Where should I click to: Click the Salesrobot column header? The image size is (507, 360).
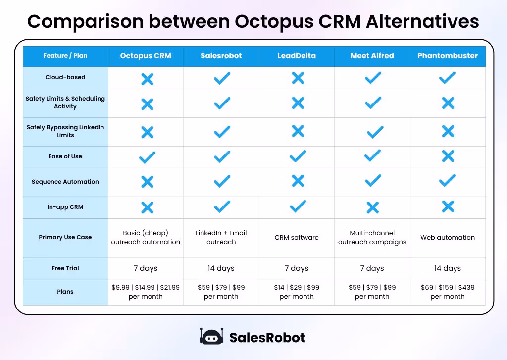pos(221,56)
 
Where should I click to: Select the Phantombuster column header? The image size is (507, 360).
pos(447,56)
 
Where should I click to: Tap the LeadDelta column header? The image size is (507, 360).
pos(297,56)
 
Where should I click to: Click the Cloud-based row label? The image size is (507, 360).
pos(65,77)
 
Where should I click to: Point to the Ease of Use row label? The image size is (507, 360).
pos(65,156)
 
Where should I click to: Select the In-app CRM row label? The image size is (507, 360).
pos(65,207)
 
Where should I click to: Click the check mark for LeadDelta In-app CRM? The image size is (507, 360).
pos(298,206)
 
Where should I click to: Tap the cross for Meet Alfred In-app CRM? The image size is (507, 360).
pos(373,207)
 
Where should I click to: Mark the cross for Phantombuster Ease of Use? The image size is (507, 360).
pos(448,156)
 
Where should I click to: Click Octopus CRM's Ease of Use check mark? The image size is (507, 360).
pos(147,157)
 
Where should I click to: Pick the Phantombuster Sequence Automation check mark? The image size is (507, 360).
pos(447,181)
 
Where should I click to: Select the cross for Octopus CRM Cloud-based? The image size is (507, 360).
pos(147,79)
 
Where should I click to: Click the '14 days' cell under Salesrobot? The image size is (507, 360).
pos(221,268)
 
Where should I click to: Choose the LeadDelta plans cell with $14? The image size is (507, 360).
pos(297,292)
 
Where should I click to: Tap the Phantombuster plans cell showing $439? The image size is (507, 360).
pos(447,292)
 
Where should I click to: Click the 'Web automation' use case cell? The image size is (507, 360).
pos(447,238)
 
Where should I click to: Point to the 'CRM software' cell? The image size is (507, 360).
pos(297,238)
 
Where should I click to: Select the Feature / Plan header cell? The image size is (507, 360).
pos(65,56)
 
